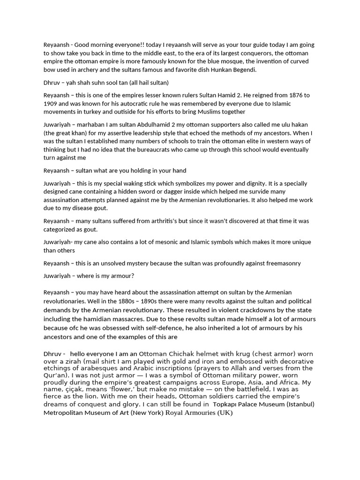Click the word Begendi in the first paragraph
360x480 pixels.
pyautogui.click(x=245, y=69)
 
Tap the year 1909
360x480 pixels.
pyautogui.click(x=52, y=103)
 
